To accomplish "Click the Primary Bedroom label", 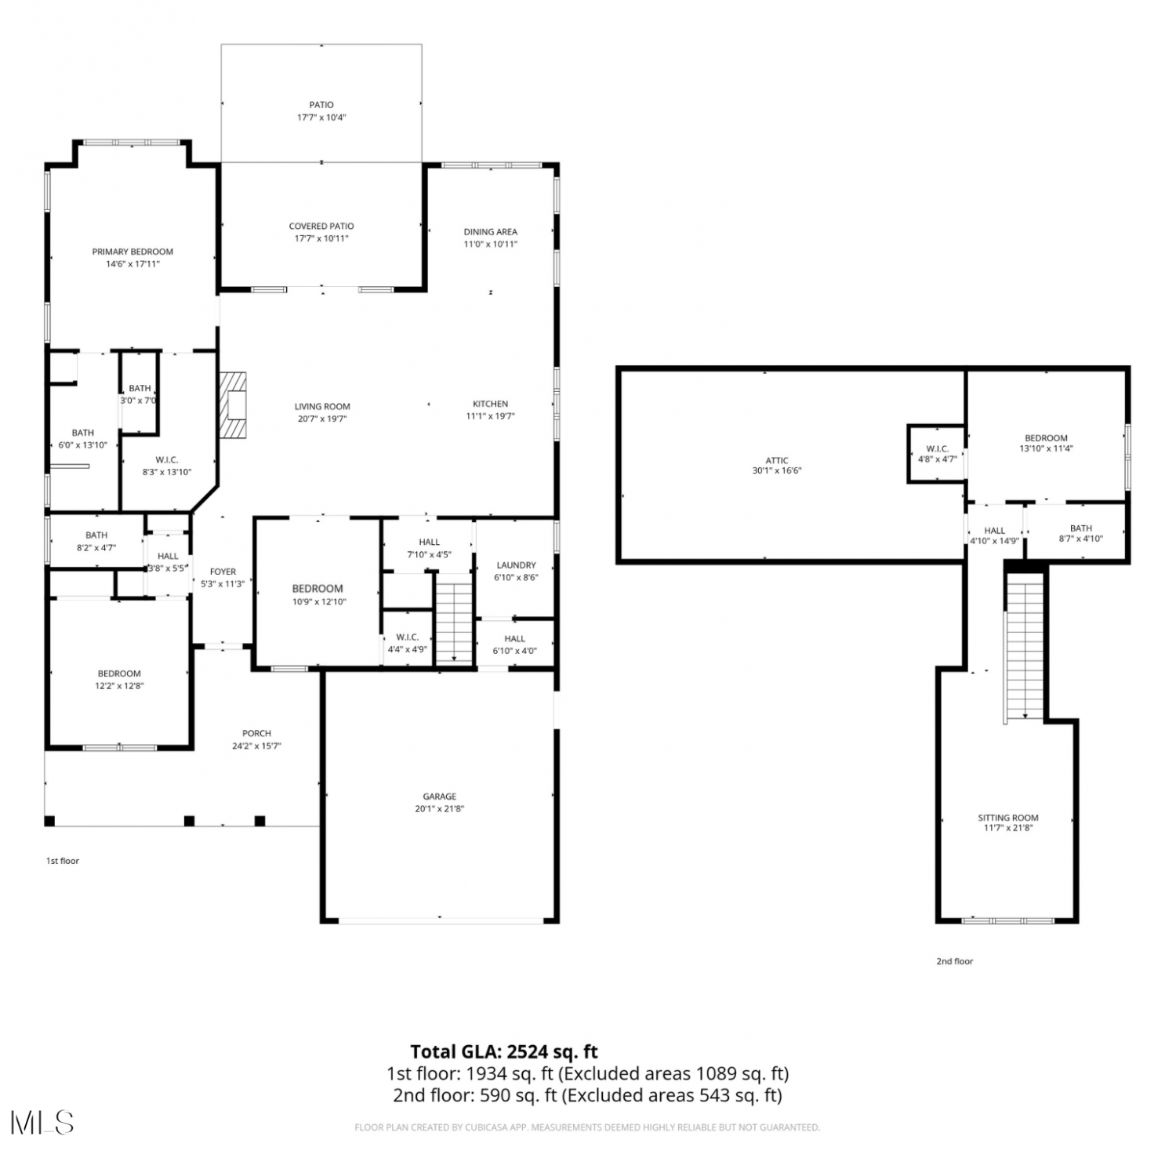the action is [132, 252].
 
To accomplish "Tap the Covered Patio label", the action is [321, 227].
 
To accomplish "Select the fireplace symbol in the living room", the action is [233, 405].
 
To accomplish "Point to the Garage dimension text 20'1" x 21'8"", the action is [440, 809].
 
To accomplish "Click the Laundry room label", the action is [516, 565].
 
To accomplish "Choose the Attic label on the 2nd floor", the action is [777, 461].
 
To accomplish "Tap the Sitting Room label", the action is [1008, 818].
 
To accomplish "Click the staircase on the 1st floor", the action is [455, 619].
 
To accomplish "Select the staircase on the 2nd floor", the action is [1025, 646].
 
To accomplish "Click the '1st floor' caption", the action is [63, 861].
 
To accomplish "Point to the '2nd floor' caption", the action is [954, 961].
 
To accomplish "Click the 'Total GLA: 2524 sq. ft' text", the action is [504, 1052].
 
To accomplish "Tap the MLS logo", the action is [42, 1123].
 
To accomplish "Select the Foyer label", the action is [223, 572].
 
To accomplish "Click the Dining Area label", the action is [491, 232].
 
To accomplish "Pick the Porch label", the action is [256, 734].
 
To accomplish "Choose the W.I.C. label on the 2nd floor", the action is [938, 449].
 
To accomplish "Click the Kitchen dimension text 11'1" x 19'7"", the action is [491, 416].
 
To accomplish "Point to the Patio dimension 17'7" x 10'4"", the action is [321, 118].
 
